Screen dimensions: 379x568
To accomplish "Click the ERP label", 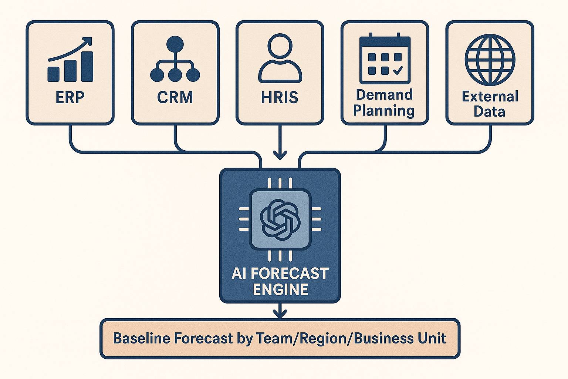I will click(x=70, y=97).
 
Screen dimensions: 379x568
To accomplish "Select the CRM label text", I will click(x=175, y=97).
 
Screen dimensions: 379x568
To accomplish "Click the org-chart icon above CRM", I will click(x=175, y=59).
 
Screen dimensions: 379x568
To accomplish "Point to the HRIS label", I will click(x=280, y=97).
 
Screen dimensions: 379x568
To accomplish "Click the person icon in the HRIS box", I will click(x=280, y=58).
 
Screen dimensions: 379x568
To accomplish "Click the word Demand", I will click(x=384, y=95).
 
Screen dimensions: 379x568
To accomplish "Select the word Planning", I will click(x=384, y=111).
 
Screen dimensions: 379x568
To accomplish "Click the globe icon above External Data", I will click(x=490, y=60).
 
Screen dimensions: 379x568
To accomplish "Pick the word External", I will click(x=490, y=97).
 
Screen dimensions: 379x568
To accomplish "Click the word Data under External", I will click(x=489, y=111).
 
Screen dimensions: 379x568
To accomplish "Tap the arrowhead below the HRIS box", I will click(x=280, y=155).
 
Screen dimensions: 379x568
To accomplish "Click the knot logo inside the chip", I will click(x=280, y=219).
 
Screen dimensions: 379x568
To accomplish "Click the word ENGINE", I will click(x=281, y=289).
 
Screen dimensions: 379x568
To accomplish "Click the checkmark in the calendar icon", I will click(x=398, y=70).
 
